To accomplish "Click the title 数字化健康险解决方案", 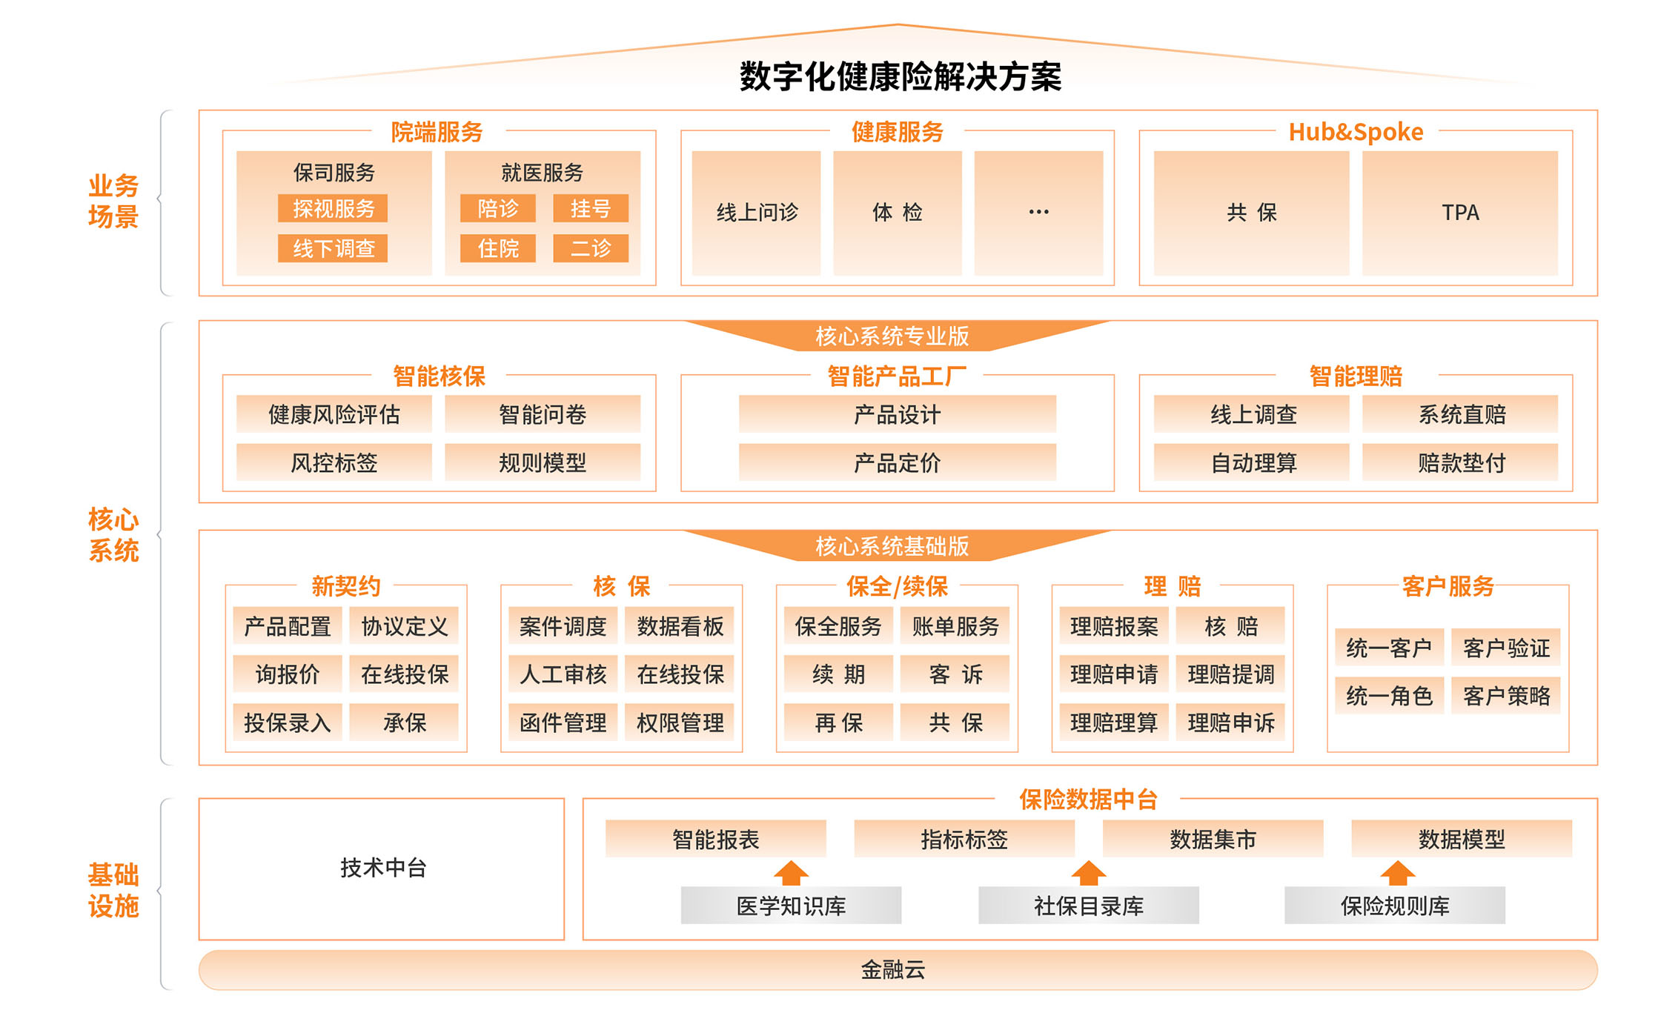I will (900, 76).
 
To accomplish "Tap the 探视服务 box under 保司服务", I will (333, 209).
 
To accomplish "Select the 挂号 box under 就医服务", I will (590, 209).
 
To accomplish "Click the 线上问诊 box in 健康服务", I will (756, 213).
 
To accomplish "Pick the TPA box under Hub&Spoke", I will (1459, 213).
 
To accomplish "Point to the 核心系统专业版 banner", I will (892, 336).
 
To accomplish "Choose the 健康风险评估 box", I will (334, 414).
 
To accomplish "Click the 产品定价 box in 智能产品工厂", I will (897, 463).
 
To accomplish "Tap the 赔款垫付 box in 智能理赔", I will (1461, 463).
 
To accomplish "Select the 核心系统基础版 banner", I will (892, 546).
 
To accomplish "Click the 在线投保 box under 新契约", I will (404, 674).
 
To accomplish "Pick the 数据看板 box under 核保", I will (680, 627).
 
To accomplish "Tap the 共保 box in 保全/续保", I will (955, 723).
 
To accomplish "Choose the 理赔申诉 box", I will (1231, 723).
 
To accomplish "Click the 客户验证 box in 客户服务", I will (1506, 648).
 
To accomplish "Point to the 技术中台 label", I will (382, 868).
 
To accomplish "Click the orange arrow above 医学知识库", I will (791, 873).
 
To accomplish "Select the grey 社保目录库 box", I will (1088, 906).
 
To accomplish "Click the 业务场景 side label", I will (113, 201).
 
